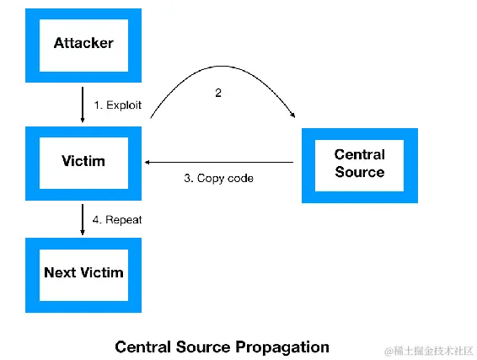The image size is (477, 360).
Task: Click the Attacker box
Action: point(83,46)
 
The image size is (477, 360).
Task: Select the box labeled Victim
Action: point(83,164)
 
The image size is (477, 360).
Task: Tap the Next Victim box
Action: point(83,275)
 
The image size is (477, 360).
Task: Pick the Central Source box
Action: point(360,165)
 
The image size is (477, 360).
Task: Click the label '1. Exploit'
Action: point(118,105)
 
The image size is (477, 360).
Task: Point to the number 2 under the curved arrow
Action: point(218,93)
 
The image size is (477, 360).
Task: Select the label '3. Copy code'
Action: point(218,179)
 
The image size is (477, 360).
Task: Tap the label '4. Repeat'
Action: point(117,220)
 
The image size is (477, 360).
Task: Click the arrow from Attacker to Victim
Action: point(83,105)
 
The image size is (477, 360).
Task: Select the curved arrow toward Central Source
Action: point(222,66)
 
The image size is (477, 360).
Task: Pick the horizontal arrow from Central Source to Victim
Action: point(219,162)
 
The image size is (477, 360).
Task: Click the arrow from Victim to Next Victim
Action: point(83,219)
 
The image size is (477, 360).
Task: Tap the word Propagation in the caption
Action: point(282,347)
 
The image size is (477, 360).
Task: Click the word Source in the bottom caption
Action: point(203,347)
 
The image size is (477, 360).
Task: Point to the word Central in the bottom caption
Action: point(143,347)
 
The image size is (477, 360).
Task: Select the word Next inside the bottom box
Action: point(60,272)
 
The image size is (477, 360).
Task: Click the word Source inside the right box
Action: point(360,172)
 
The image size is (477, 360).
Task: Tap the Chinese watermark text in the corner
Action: point(430,351)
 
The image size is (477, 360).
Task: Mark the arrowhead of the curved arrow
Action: point(292,115)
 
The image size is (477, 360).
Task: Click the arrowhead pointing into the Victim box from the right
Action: point(147,162)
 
